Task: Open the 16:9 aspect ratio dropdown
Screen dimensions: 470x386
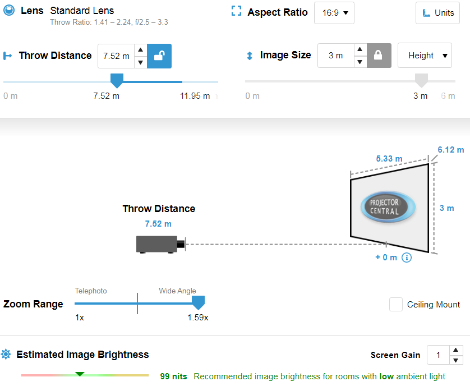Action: pos(334,13)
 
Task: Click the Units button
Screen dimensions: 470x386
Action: pos(437,13)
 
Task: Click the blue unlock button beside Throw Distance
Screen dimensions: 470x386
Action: pos(159,56)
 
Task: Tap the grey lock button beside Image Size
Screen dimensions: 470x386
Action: pos(379,56)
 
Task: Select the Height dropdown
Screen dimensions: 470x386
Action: pos(425,56)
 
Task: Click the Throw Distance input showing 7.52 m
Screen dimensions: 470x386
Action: pos(116,56)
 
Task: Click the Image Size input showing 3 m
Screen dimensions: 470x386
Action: pos(336,56)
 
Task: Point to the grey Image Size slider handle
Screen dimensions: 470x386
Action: pos(421,80)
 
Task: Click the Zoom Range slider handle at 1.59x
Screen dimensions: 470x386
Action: pos(198,302)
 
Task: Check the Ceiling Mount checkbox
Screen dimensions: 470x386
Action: pos(395,305)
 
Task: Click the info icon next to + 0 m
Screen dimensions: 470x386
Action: pos(407,258)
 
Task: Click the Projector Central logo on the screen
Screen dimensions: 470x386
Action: pos(388,207)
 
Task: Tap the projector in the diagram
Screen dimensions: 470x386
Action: pos(161,244)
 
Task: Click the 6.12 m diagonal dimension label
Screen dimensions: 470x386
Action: pos(450,150)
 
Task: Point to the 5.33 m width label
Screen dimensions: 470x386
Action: pos(389,159)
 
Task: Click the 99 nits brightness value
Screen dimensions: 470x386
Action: pos(173,376)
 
